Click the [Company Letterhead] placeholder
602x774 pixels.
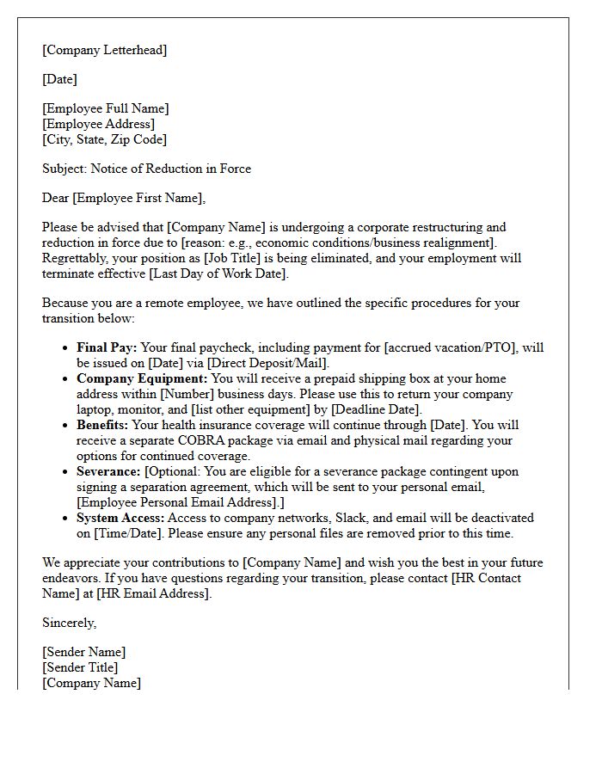pyautogui.click(x=105, y=50)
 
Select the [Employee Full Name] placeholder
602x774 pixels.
pyautogui.click(x=106, y=108)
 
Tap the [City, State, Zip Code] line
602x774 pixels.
pyautogui.click(x=105, y=139)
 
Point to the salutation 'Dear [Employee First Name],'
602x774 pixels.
pyautogui.click(x=124, y=198)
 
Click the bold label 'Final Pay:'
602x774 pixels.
pyautogui.click(x=107, y=348)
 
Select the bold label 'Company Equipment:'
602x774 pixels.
pyautogui.click(x=142, y=379)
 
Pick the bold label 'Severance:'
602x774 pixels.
pyautogui.click(x=109, y=472)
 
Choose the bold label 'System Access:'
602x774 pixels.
pyautogui.click(x=120, y=519)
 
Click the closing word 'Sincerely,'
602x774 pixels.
pyautogui.click(x=70, y=623)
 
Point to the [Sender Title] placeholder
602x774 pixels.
pyautogui.click(x=81, y=667)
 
